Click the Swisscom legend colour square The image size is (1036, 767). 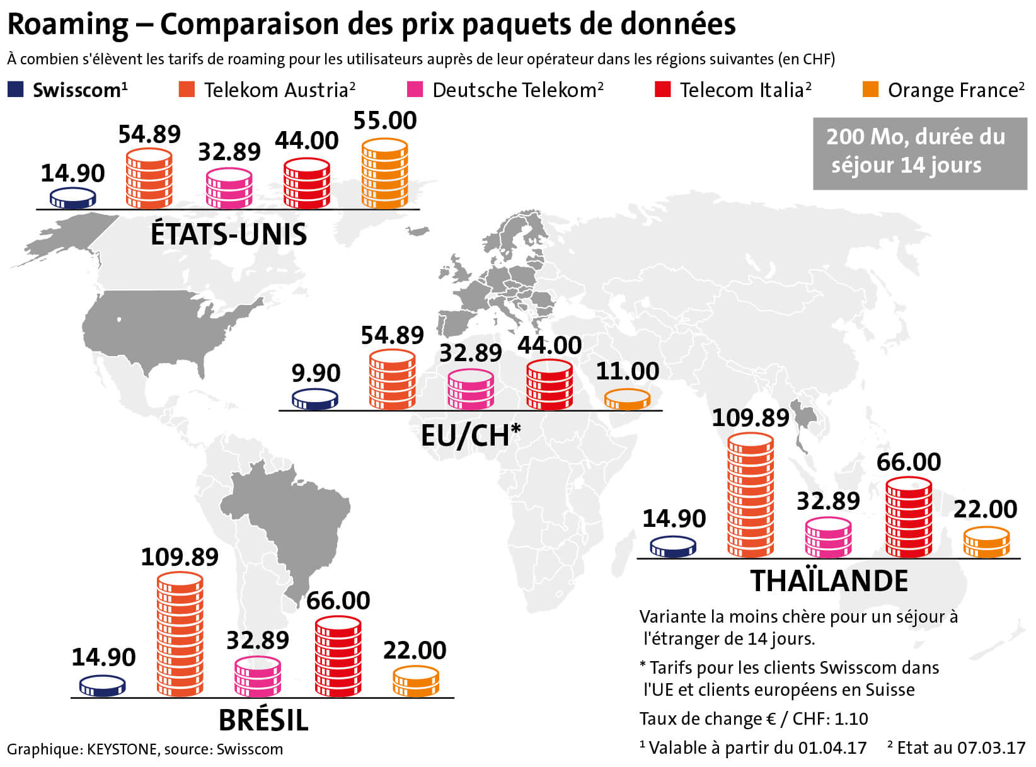pos(16,89)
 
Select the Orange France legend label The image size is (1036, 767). pos(955,91)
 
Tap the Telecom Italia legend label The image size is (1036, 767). pos(745,90)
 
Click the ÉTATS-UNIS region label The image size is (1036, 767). pos(229,234)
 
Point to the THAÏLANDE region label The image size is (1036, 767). pos(829,580)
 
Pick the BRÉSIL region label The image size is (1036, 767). pos(263,720)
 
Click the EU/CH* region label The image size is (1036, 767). pos(471,435)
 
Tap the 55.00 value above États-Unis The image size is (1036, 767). pos(385,120)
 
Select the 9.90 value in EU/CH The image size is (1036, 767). pos(316,373)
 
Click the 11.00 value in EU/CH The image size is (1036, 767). pos(628,371)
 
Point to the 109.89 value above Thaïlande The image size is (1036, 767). pos(751,417)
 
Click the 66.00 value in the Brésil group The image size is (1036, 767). pos(338,601)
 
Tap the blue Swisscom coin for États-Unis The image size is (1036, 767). pos(73,199)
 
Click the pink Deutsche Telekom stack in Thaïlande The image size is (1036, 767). pos(828,537)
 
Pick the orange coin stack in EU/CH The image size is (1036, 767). pos(627,400)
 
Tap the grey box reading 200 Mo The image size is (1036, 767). pos(919,153)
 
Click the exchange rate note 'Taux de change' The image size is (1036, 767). pos(754,718)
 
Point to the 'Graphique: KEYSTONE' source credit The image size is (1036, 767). pos(145,749)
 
